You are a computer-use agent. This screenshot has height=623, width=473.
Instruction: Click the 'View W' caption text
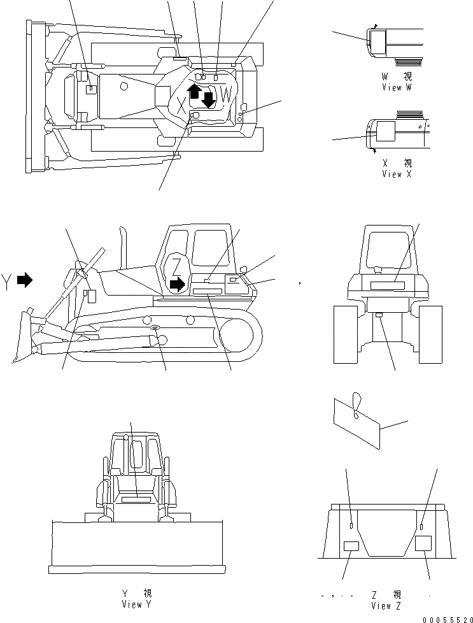pos(397,88)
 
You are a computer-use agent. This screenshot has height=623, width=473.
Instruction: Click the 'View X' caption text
pos(397,174)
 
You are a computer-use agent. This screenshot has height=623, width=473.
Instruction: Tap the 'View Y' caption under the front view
pos(136,603)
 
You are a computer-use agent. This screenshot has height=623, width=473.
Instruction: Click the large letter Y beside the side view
pos(7,280)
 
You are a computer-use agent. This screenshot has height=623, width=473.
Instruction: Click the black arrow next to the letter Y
pos(24,279)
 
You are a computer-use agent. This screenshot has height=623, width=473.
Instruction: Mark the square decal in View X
pos(385,132)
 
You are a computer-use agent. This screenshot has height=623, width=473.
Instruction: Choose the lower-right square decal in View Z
pos(423,543)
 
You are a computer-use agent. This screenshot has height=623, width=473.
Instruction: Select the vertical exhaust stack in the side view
pos(125,245)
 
